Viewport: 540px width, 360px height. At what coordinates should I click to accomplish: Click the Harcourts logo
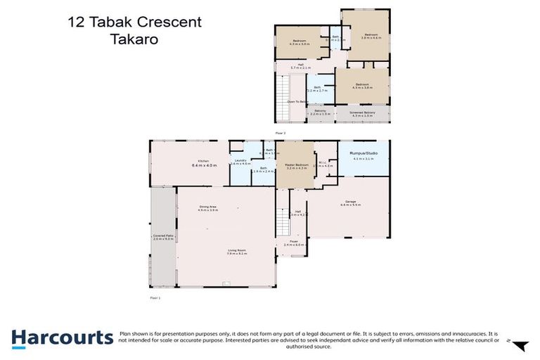[62, 337]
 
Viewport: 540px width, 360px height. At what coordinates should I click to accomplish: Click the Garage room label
[350, 202]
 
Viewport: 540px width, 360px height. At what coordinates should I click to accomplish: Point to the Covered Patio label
[163, 238]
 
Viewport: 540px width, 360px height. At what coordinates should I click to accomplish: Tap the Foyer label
[293, 243]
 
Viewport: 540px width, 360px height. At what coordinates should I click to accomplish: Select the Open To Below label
[296, 102]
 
